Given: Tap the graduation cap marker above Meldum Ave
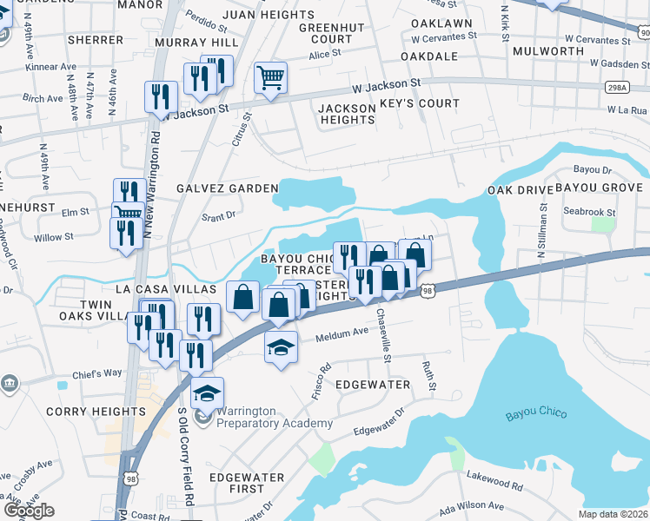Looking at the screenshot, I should [x=281, y=347].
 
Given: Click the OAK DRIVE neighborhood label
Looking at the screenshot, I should [x=521, y=189].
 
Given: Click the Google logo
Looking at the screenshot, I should [x=29, y=510].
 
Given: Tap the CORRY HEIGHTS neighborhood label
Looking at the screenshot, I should [x=96, y=412].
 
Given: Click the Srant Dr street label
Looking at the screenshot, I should [x=218, y=217].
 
